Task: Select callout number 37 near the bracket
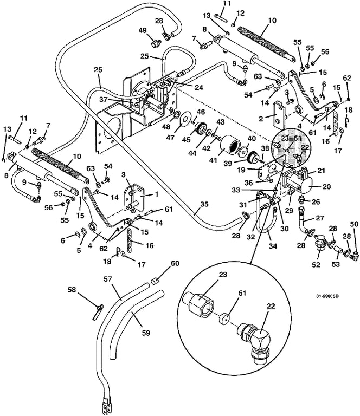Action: pos(118,99)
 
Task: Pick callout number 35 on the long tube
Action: pos(203,205)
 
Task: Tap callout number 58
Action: pos(87,291)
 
